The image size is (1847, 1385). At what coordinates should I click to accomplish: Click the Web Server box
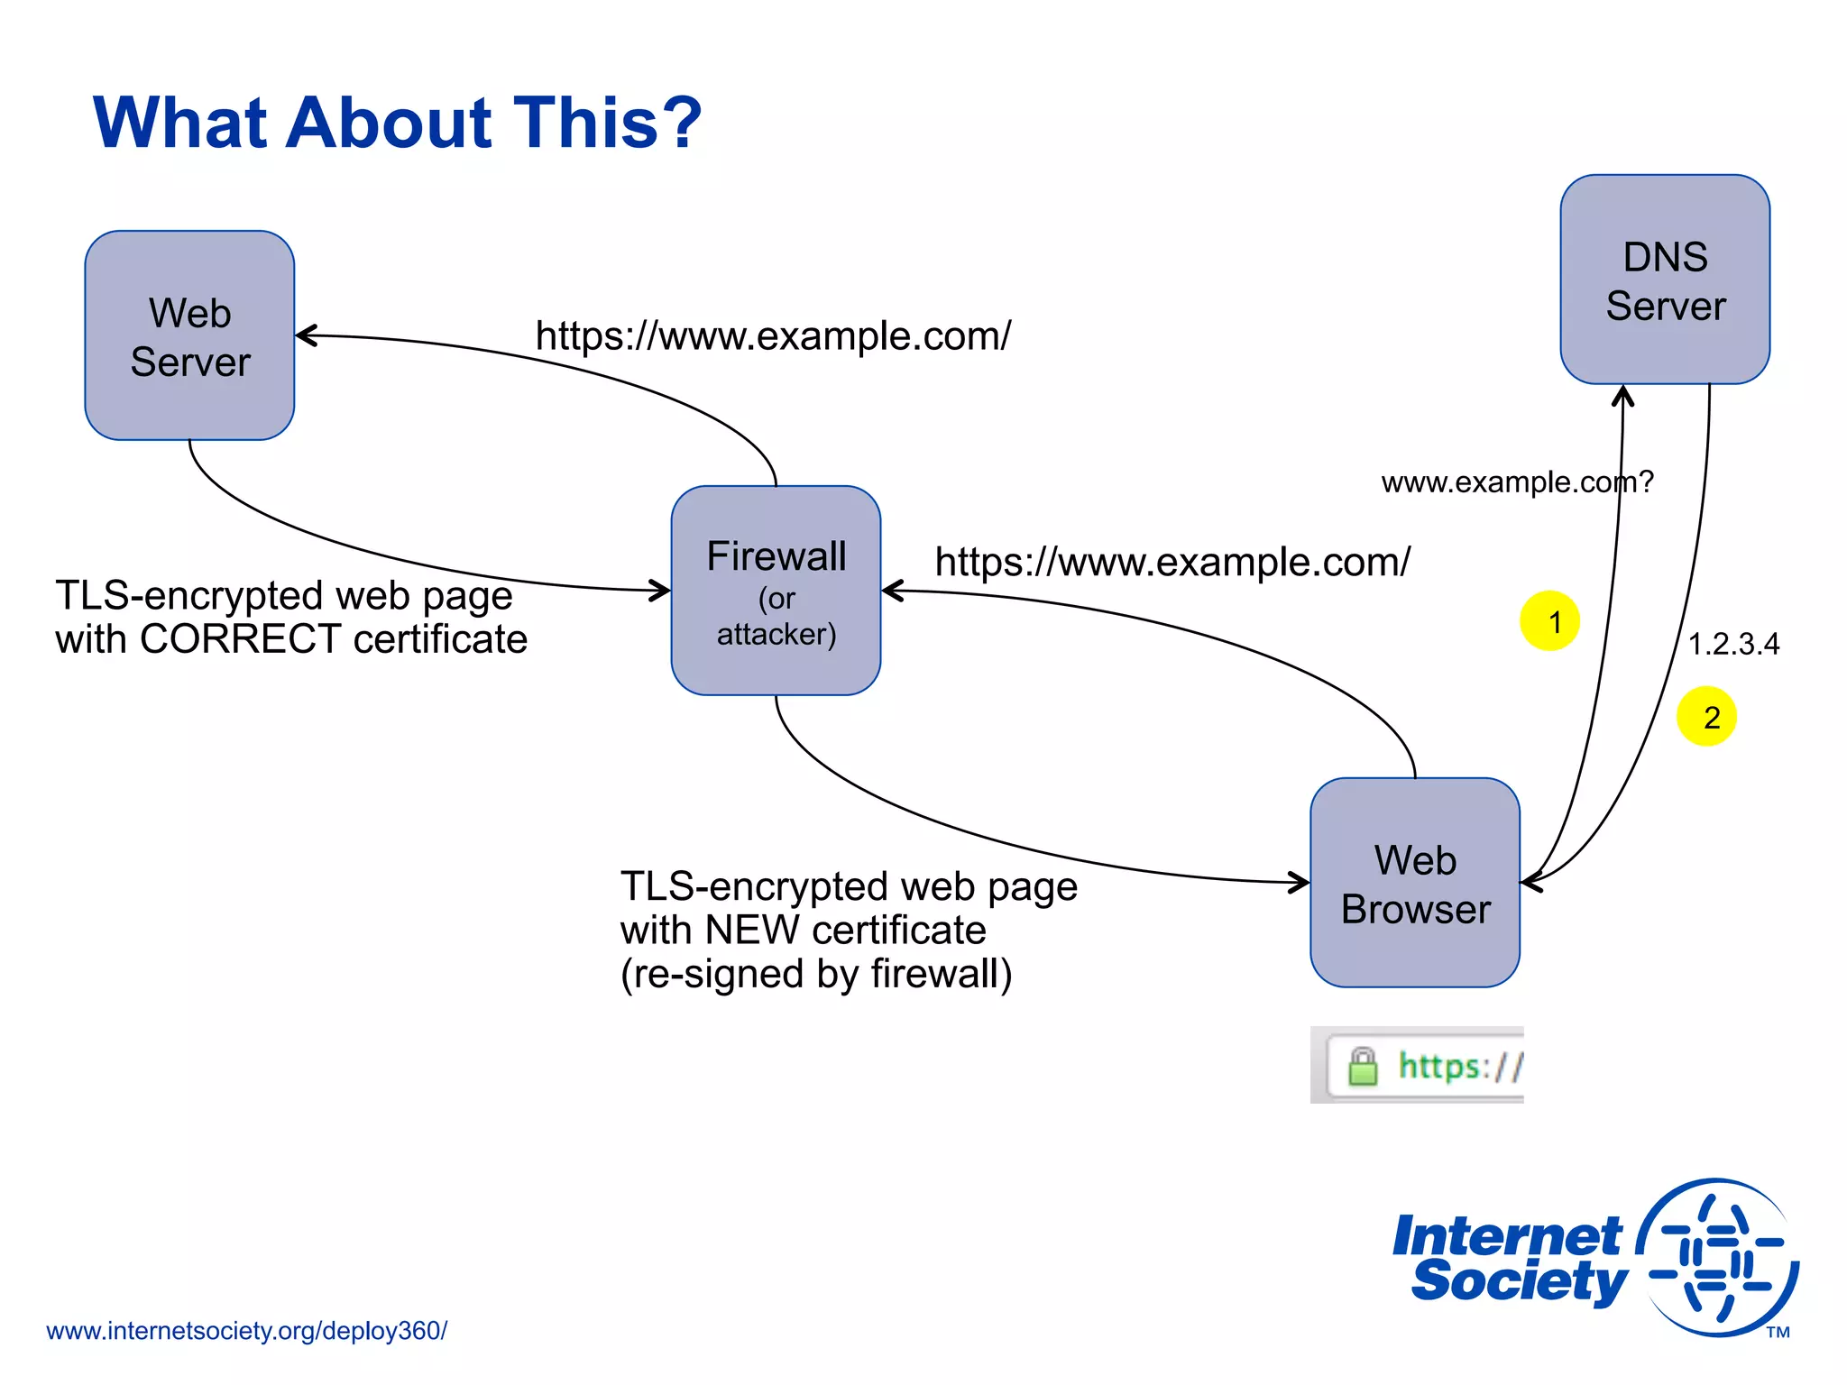(189, 335)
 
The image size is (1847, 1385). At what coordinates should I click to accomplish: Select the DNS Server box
(1665, 280)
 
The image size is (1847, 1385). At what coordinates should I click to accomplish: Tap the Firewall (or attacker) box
(776, 591)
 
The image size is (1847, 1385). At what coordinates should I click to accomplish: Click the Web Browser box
(1415, 883)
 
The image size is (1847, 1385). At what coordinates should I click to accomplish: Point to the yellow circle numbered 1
(1549, 621)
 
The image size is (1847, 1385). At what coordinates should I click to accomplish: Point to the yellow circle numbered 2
(1706, 717)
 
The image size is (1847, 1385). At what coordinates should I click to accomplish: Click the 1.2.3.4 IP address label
(1733, 645)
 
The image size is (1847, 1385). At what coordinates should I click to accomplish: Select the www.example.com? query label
(1517, 482)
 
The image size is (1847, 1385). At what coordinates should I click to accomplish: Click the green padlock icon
(1363, 1067)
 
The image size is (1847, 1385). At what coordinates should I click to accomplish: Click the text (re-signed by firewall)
(816, 974)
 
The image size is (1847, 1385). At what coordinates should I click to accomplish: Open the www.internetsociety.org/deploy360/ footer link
(246, 1331)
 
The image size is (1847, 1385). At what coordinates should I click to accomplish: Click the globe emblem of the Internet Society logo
(1718, 1258)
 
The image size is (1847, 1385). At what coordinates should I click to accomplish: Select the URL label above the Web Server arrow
(773, 336)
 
